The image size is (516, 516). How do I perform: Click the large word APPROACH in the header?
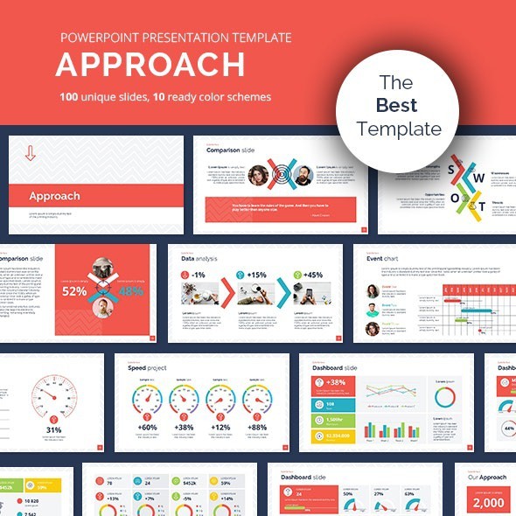point(150,66)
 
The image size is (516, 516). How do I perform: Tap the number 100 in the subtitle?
point(72,96)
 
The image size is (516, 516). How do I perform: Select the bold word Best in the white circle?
point(398,106)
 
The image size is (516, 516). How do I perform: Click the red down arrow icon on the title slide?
point(31,153)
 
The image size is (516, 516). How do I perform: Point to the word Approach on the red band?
point(54,196)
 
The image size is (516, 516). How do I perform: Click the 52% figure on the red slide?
point(74,291)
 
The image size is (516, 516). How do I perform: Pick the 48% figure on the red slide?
point(129,291)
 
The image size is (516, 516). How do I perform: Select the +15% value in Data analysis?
point(257,275)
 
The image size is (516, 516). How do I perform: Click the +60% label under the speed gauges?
point(147,427)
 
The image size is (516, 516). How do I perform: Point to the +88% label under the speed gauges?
point(257,427)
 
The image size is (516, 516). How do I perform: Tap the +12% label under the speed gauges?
point(220,427)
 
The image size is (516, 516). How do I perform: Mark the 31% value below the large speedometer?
point(54,430)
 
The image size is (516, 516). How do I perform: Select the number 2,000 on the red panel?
point(488,502)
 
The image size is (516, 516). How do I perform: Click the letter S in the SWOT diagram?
point(451,169)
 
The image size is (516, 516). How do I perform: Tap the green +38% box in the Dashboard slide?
point(334,383)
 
